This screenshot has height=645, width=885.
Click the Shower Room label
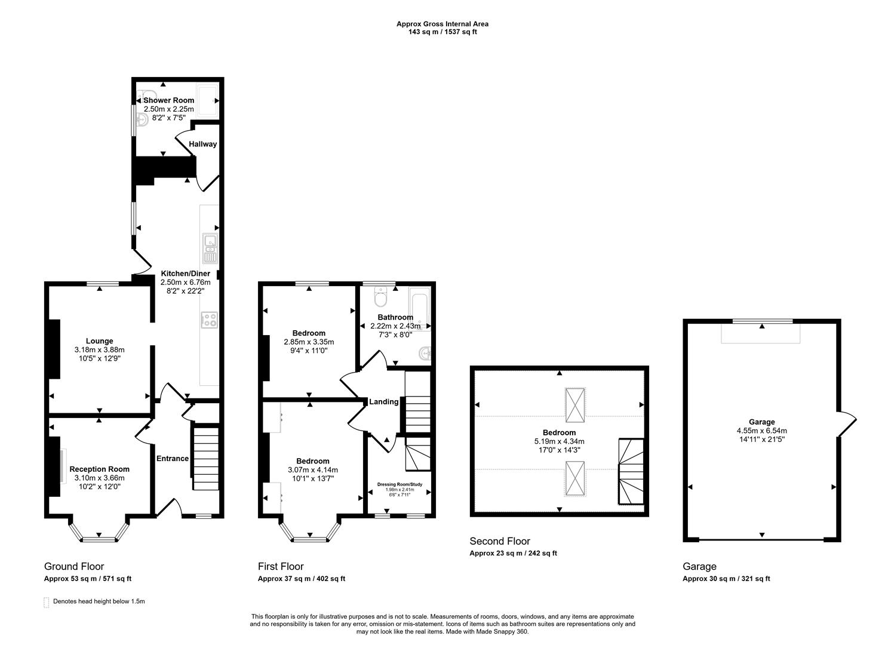168,100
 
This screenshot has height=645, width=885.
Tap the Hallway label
203,144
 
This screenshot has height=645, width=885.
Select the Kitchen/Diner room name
186,274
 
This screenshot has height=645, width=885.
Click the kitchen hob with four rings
210,320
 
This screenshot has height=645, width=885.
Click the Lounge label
99,342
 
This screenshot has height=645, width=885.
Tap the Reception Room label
99,469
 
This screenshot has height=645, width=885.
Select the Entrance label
172,459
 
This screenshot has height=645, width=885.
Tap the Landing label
383,402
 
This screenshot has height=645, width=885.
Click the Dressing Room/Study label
400,484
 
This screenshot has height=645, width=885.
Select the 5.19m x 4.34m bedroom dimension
559,441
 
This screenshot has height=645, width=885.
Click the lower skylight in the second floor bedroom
576,478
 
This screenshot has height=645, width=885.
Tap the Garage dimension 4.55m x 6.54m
761,431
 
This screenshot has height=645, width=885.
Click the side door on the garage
847,423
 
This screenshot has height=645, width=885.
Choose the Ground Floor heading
74,566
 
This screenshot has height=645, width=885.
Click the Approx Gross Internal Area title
442,24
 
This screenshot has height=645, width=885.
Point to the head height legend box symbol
47,603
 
